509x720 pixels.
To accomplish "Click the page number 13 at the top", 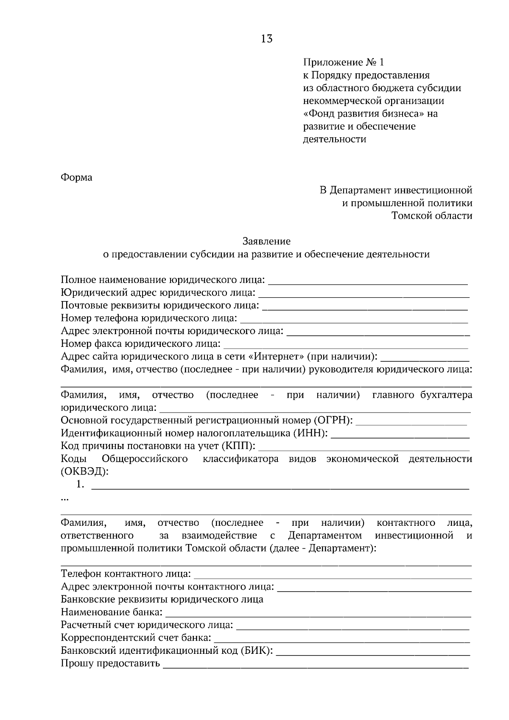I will coord(267,39).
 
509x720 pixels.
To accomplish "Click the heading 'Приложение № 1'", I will coord(344,63).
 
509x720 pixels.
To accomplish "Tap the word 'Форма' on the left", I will coord(77,177).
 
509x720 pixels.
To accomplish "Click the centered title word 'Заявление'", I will coord(266,241).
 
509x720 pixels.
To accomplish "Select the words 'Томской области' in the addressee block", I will coord(432,216).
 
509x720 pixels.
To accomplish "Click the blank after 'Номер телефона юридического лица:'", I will coord(354,319).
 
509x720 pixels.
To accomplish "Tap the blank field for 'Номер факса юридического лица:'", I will coord(346,344).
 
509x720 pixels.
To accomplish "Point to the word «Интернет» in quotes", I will coord(279,356).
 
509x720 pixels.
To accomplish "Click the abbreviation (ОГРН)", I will coord(333,420).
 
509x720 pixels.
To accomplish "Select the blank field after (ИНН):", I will coord(400,434).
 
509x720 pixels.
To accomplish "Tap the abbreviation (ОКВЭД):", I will coord(84,472).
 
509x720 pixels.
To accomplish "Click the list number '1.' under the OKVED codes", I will coord(80,484).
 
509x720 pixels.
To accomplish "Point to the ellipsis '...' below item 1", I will coord(65,500).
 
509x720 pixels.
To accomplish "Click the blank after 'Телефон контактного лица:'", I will coord(333,575).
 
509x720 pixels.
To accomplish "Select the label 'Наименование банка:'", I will coord(112,612).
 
